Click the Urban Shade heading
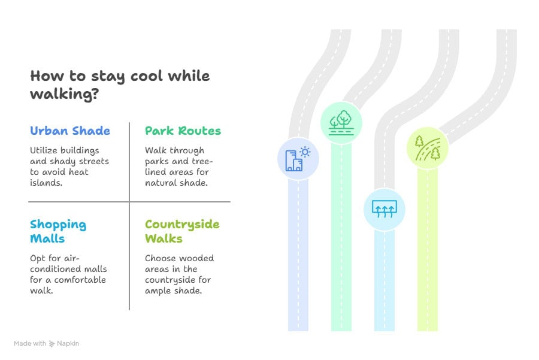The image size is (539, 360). (x=70, y=131)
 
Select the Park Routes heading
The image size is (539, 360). (x=183, y=131)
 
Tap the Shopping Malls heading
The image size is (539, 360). (x=57, y=231)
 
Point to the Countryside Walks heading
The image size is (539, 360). (x=182, y=231)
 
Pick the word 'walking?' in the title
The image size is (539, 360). (x=64, y=94)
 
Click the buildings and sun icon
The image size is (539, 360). (x=298, y=159)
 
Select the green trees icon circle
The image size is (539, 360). (x=341, y=122)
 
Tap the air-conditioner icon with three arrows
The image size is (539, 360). (x=384, y=209)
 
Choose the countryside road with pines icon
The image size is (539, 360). (x=428, y=148)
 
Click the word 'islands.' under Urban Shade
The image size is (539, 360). (x=46, y=183)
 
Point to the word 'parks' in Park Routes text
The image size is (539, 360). (x=157, y=161)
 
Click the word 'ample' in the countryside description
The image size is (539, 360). (x=157, y=291)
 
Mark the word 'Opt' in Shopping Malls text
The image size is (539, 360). (x=38, y=258)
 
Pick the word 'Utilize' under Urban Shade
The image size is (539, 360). (x=43, y=150)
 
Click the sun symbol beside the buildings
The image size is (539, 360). (x=305, y=152)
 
